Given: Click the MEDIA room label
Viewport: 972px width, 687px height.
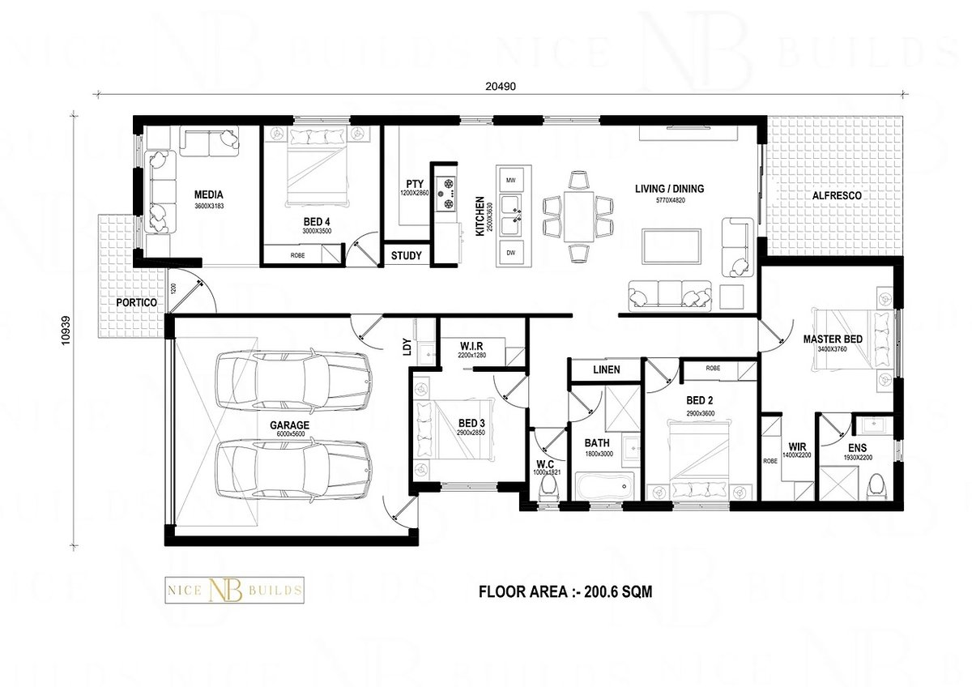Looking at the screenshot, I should [208, 194].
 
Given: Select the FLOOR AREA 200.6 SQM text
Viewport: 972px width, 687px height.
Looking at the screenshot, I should [566, 591].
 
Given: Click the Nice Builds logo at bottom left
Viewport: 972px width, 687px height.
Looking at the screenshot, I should [234, 589].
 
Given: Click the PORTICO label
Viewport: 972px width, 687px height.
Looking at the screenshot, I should [135, 302].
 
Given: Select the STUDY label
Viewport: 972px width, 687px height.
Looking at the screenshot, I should [406, 256].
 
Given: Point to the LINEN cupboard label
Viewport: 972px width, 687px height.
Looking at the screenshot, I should [606, 369].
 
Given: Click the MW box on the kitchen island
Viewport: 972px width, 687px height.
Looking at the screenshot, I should [510, 180].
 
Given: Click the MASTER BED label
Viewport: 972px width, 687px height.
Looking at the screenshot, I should [832, 339].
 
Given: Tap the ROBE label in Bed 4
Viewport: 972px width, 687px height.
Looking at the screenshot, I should [298, 256].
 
